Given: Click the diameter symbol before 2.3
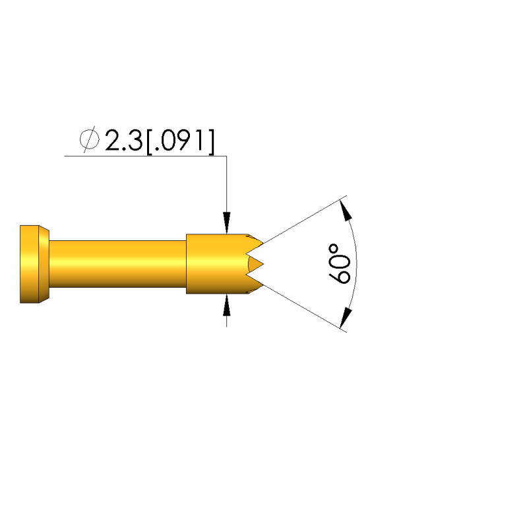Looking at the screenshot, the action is coord(90,139).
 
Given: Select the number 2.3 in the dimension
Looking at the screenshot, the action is coord(123,140).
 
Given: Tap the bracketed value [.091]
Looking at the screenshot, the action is coord(180,141).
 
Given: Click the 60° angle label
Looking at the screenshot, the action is coord(339,263).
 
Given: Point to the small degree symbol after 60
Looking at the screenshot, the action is coord(334,249).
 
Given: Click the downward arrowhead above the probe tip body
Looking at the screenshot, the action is coord(226,222).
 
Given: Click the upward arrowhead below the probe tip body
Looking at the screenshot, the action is coord(226,305).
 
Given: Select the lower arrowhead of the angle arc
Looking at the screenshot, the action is coord(346,318).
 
